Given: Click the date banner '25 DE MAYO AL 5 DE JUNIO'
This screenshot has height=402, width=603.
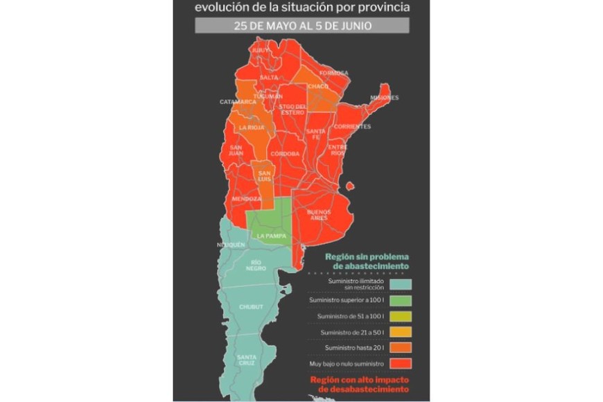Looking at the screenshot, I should (301, 26).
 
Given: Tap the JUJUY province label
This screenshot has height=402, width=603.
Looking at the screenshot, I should (261, 51).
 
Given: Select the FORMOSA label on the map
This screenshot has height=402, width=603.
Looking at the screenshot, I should (333, 73).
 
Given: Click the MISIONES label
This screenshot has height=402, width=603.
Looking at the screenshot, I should (385, 98).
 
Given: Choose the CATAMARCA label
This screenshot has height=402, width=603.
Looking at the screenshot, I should (238, 102).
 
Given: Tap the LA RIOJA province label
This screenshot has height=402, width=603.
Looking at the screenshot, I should (251, 128).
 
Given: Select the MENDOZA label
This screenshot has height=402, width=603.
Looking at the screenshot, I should (246, 199).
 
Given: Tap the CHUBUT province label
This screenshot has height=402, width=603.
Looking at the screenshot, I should (250, 306).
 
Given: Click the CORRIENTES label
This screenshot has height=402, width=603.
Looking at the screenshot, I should (352, 127).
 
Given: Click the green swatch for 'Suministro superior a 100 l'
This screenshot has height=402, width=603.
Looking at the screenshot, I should (401, 300).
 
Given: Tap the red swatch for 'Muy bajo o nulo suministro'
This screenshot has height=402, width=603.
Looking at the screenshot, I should (401, 364).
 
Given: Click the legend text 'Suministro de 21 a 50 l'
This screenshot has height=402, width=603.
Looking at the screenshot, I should (348, 333).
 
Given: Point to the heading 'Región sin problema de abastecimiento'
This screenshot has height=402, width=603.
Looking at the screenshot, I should (367, 261).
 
